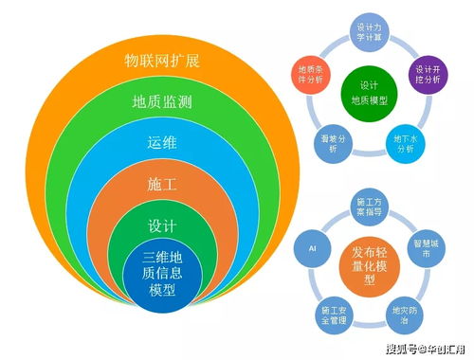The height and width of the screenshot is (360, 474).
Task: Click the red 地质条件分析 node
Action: [306, 75]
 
